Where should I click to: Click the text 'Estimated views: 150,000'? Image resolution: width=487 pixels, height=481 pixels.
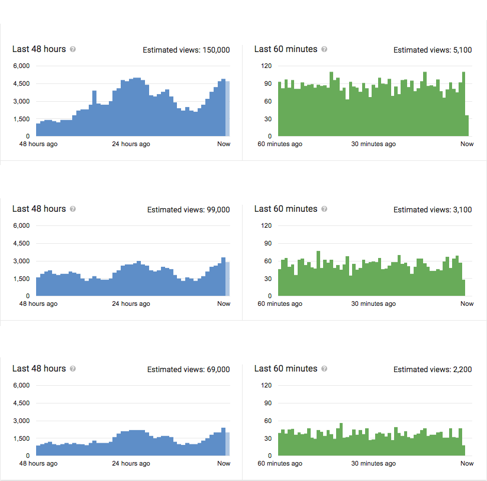pos(186,50)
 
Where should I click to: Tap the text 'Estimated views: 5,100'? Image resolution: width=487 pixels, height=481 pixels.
pos(433,50)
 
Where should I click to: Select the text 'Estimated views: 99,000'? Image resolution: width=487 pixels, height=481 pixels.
pos(188,209)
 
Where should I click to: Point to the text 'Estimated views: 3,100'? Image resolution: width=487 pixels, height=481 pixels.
pos(433,209)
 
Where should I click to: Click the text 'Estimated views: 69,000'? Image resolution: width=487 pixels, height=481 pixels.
pos(188,369)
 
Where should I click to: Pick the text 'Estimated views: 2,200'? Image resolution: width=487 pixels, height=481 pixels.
pos(433,369)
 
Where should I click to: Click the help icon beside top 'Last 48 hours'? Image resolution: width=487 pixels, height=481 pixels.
pos(73,50)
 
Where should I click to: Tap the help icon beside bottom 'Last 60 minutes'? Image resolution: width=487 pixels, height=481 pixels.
pos(324,369)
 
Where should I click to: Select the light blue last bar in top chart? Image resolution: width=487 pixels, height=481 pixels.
pos(228,109)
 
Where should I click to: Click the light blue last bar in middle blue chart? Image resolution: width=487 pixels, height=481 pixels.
pos(228,279)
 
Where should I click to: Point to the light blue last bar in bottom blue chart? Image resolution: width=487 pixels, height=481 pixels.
pos(228,444)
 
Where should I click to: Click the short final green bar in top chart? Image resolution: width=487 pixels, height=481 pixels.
pos(467,126)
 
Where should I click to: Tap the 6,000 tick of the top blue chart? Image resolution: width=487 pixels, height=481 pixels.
pos(21,66)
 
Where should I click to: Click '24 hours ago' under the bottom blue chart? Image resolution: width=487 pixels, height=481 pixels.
pos(131,463)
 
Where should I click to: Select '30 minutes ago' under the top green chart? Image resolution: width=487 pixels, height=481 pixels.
pos(373,144)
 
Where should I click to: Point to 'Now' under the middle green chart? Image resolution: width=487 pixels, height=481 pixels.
pos(467,304)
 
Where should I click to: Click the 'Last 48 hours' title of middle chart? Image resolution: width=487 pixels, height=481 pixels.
pos(39,209)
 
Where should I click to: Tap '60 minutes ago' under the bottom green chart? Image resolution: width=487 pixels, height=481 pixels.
pos(280,463)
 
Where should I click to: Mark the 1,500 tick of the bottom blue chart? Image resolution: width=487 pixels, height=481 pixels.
pos(21,438)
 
